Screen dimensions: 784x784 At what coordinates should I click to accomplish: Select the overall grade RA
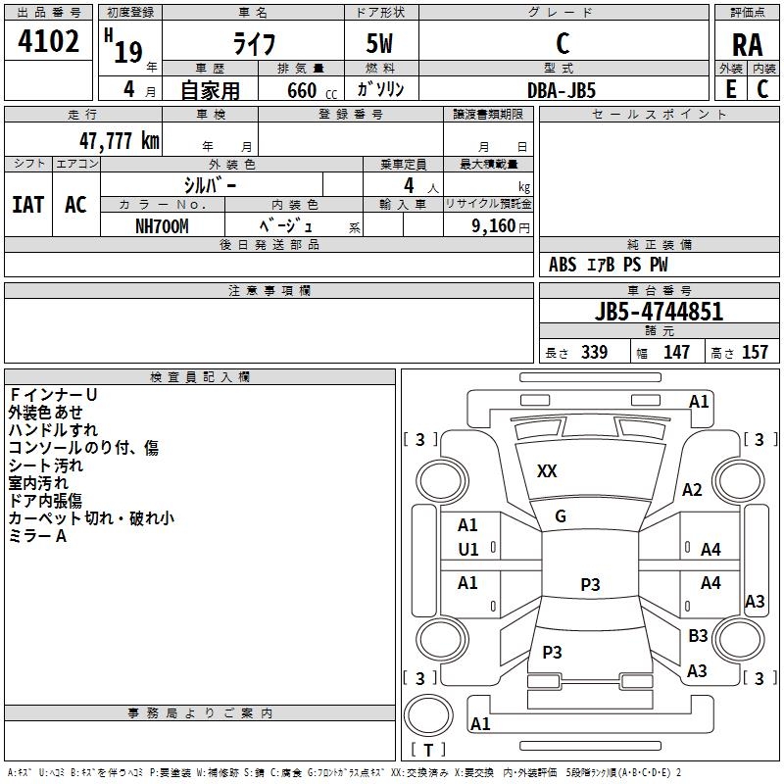click(747, 44)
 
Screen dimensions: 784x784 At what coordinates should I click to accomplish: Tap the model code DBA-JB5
click(561, 89)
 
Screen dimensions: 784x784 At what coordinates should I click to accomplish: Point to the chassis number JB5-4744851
click(659, 312)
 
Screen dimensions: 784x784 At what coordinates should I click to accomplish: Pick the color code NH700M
click(162, 225)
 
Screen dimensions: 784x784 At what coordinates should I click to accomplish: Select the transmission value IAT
click(27, 205)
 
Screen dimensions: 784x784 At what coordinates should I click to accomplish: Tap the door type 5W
click(381, 44)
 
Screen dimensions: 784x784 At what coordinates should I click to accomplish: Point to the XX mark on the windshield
click(547, 471)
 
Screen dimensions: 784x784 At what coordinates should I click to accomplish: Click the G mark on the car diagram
click(561, 515)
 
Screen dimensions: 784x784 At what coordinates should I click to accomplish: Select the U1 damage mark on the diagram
click(468, 549)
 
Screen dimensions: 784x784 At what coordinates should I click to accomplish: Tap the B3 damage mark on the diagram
click(698, 636)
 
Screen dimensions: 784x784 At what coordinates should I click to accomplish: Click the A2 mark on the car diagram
click(693, 490)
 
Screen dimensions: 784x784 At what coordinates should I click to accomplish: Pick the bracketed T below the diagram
click(427, 750)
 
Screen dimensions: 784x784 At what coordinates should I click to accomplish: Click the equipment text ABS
click(563, 265)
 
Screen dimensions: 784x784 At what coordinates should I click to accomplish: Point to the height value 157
click(756, 352)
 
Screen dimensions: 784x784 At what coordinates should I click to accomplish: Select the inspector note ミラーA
click(37, 536)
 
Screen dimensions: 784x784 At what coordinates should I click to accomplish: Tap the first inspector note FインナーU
click(53, 395)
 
